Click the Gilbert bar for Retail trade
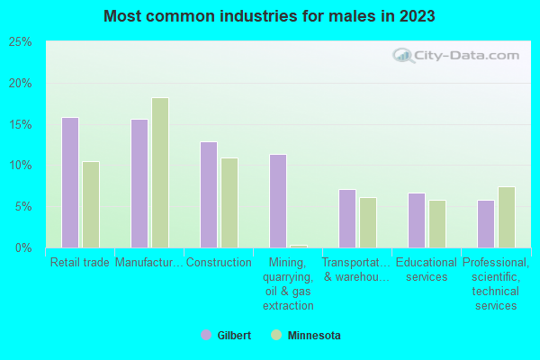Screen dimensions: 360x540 click(x=70, y=183)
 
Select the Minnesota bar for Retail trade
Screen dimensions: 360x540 click(x=91, y=204)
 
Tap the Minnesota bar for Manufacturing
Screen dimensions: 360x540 click(x=160, y=173)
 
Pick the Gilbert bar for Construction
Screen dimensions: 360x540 click(x=209, y=194)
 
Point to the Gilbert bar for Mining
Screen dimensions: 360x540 click(x=278, y=201)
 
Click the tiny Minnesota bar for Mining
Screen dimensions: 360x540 click(x=299, y=246)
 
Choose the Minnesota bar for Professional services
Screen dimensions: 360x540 click(x=507, y=217)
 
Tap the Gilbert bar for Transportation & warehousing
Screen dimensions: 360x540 click(x=347, y=219)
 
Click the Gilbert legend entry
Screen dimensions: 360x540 click(x=226, y=336)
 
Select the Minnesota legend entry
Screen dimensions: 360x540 click(x=305, y=336)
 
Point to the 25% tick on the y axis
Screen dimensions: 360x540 click(x=20, y=42)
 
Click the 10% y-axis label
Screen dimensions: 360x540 click(x=20, y=166)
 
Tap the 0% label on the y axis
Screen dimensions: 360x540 click(x=22, y=247)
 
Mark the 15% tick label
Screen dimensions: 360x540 click(x=20, y=124)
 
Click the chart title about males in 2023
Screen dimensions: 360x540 click(x=269, y=16)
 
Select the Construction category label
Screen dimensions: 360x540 click(x=219, y=263)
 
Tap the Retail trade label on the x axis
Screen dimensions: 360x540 click(x=80, y=263)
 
